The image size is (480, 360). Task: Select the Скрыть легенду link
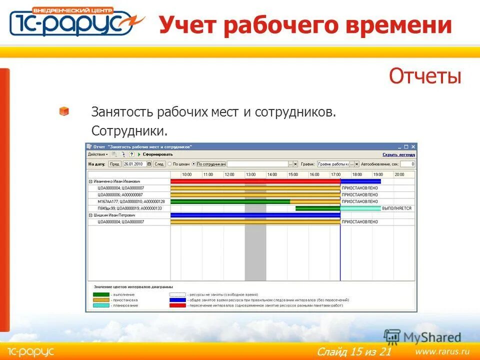pos(398,154)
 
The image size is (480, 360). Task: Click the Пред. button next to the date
pos(114,164)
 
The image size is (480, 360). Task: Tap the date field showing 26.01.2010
pos(134,164)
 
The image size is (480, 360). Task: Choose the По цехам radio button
pos(170,164)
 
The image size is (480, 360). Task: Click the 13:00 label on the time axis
pos(250,174)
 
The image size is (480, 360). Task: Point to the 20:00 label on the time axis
pos(399,174)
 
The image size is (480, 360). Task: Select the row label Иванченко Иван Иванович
pos(116,181)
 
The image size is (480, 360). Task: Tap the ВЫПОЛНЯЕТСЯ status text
pos(396,208)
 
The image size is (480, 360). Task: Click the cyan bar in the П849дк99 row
pos(360,208)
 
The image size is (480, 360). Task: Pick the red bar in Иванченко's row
pos(255,181)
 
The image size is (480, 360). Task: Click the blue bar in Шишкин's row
pos(255,215)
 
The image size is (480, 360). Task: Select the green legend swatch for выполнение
pos(101,295)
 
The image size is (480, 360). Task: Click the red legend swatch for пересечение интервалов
pos(177,305)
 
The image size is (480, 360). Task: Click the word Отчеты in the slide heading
pos(424,76)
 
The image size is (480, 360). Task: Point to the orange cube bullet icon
pos(64,111)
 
